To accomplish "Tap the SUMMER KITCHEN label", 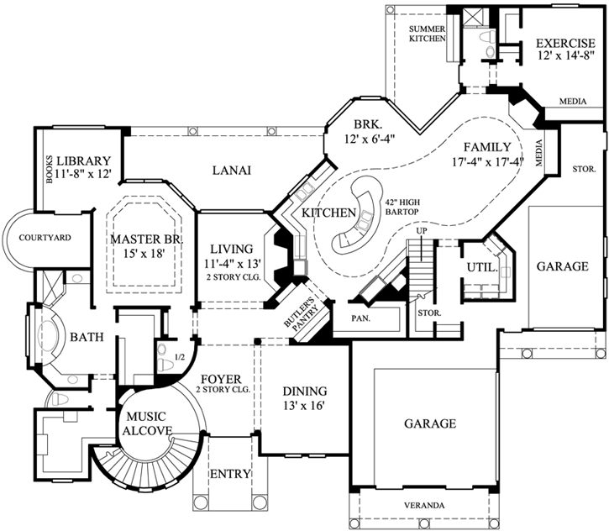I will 426,34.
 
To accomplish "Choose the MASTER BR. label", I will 146,240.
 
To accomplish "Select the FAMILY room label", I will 487,145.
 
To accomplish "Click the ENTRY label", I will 229,474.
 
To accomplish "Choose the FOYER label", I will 221,378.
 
